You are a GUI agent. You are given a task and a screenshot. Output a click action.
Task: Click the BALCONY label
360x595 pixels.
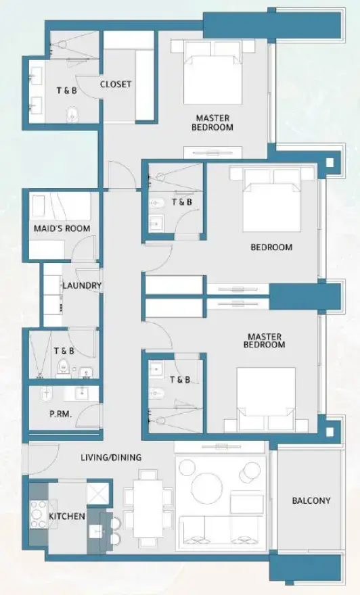pyautogui.click(x=311, y=501)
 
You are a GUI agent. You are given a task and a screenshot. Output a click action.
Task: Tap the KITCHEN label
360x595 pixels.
pyautogui.click(x=67, y=517)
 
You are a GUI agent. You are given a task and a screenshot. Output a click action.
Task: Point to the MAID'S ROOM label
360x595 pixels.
pyautogui.click(x=62, y=229)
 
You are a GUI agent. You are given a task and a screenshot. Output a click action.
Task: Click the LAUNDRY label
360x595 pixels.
pyautogui.click(x=82, y=286)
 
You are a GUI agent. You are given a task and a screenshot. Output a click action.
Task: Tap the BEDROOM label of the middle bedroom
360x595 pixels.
pyautogui.click(x=271, y=247)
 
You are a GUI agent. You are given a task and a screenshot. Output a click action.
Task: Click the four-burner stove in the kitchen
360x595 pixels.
pyautogui.click(x=38, y=513)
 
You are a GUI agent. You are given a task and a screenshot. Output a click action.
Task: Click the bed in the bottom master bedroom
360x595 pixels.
pyautogui.click(x=265, y=395)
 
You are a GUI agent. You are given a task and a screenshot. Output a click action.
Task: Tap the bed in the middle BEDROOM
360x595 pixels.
pyautogui.click(x=271, y=200)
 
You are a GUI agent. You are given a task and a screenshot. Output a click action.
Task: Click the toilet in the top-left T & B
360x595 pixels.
pyautogui.click(x=72, y=116)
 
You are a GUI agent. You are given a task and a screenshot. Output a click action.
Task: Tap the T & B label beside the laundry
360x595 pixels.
pyautogui.click(x=64, y=351)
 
